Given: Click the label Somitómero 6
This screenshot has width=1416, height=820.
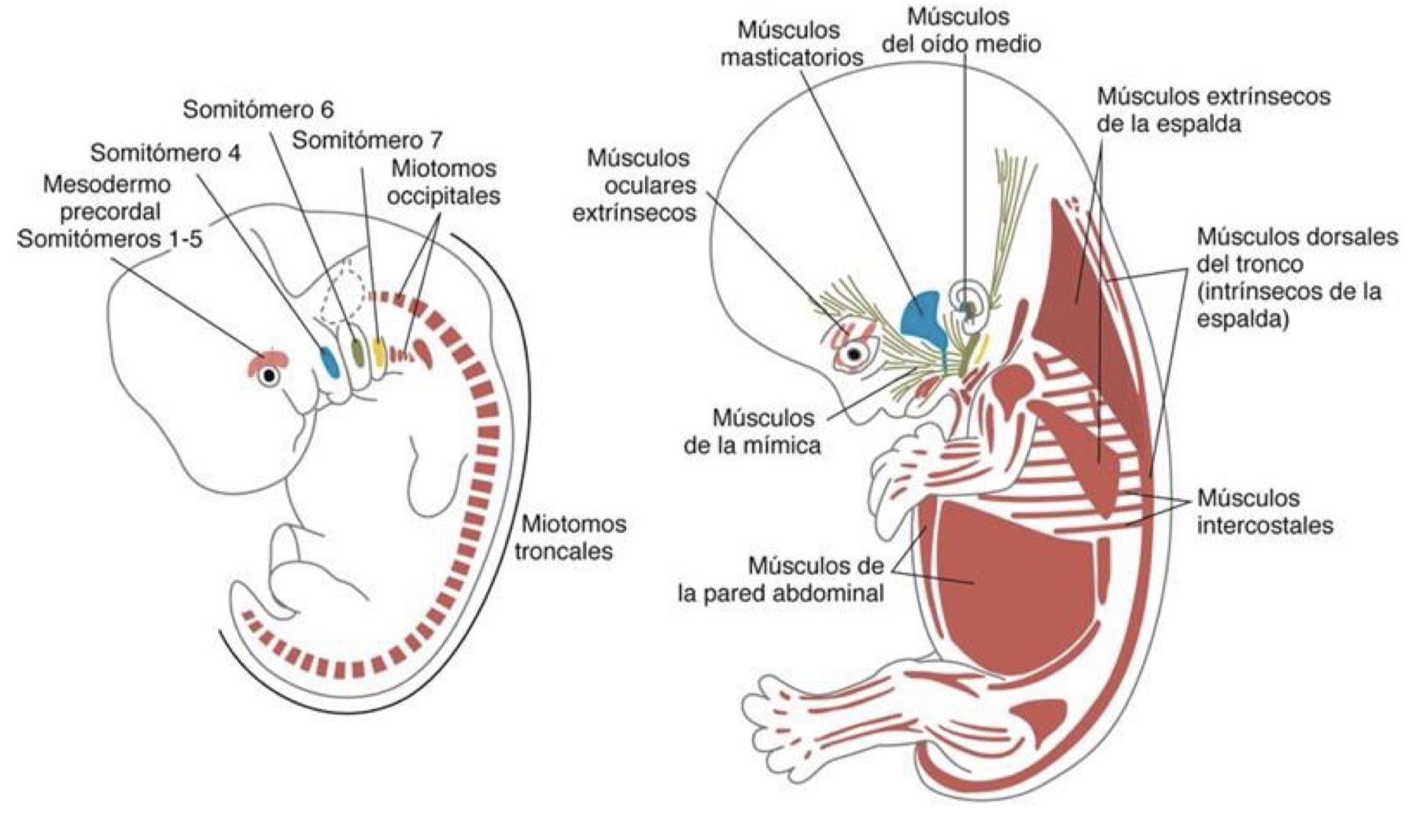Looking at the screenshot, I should [x=258, y=109].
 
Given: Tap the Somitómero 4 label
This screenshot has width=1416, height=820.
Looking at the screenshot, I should [x=165, y=152].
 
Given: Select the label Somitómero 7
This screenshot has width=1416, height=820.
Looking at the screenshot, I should [x=367, y=140].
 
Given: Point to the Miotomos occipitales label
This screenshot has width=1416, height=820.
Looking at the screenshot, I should [x=444, y=182].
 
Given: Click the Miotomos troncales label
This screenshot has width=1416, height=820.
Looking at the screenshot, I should [x=570, y=537].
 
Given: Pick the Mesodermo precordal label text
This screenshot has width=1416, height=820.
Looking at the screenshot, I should [x=107, y=198].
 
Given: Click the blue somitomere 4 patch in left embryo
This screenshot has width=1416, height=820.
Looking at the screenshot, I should [x=329, y=361].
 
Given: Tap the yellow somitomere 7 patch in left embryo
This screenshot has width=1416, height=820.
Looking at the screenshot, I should [x=378, y=352].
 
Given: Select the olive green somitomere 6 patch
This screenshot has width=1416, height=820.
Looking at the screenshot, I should [x=356, y=350].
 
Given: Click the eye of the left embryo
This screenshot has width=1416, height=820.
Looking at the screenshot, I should [x=270, y=376].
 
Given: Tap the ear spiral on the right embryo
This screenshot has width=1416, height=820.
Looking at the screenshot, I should [x=968, y=303].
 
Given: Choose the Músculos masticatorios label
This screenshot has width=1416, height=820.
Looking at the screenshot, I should [x=791, y=43].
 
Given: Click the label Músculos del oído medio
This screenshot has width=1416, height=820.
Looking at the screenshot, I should [x=961, y=30].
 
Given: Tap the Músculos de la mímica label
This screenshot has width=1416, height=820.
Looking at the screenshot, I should [x=752, y=430].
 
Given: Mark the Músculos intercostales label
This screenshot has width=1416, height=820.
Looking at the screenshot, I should [x=1265, y=512].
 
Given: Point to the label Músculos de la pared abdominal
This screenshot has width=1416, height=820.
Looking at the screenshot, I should [x=780, y=578].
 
